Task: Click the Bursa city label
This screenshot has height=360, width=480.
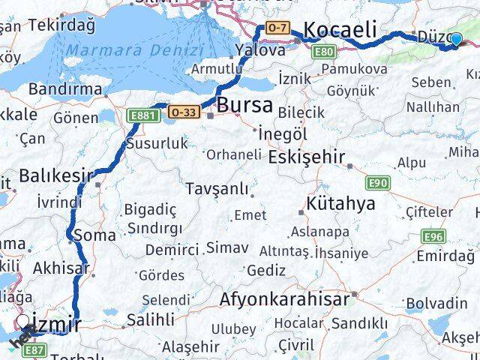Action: pyautogui.click(x=245, y=105)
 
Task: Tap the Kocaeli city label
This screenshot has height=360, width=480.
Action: pyautogui.click(x=340, y=30)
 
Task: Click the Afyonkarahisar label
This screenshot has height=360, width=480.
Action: pyautogui.click(x=284, y=299)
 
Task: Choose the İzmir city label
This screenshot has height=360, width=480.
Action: pyautogui.click(x=57, y=325)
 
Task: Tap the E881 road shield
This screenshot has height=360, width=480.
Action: pyautogui.click(x=142, y=115)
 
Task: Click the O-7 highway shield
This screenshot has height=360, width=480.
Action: pyautogui.click(x=277, y=28)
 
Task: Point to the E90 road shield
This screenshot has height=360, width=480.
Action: pyautogui.click(x=377, y=183)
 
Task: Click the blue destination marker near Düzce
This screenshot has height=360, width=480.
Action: pyautogui.click(x=455, y=37)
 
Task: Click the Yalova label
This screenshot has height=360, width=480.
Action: pyautogui.click(x=259, y=50)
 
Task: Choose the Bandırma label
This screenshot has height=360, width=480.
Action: pyautogui.click(x=64, y=88)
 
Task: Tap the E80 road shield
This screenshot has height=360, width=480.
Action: pyautogui.click(x=325, y=51)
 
